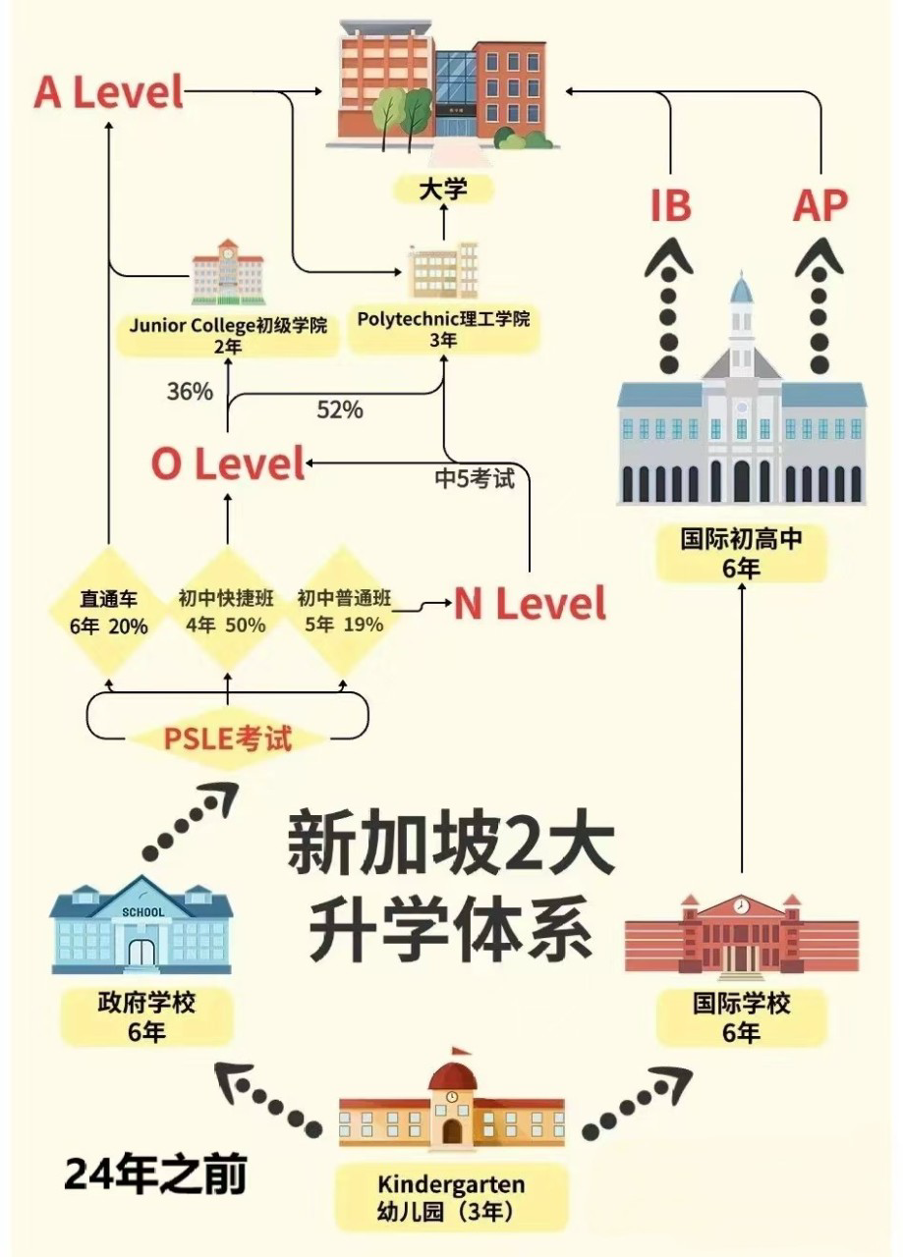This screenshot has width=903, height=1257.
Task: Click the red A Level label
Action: coord(108,92)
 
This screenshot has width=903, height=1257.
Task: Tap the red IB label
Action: coord(670,206)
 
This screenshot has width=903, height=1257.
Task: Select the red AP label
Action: coord(819,206)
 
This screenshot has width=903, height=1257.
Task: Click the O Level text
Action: coord(228,465)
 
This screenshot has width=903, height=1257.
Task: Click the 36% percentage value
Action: coord(190,391)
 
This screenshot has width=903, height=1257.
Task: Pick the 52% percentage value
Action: coord(340,410)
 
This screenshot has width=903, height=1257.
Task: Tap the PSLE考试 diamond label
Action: coord(228,738)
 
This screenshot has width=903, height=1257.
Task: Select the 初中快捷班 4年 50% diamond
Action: coord(227,612)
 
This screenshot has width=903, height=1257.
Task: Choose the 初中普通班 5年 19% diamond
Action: coord(344,612)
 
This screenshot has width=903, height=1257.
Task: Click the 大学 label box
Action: coord(443,189)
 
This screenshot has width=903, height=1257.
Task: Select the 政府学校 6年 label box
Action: coord(146,1016)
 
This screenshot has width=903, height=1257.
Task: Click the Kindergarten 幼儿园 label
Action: coord(451,1197)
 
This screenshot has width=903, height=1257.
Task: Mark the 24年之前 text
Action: coord(155,1174)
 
